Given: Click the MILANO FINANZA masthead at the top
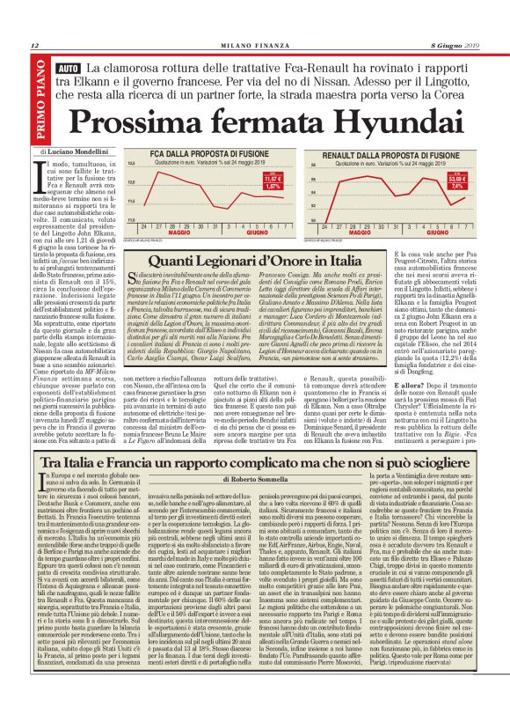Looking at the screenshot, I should pyautogui.click(x=255, y=46).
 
